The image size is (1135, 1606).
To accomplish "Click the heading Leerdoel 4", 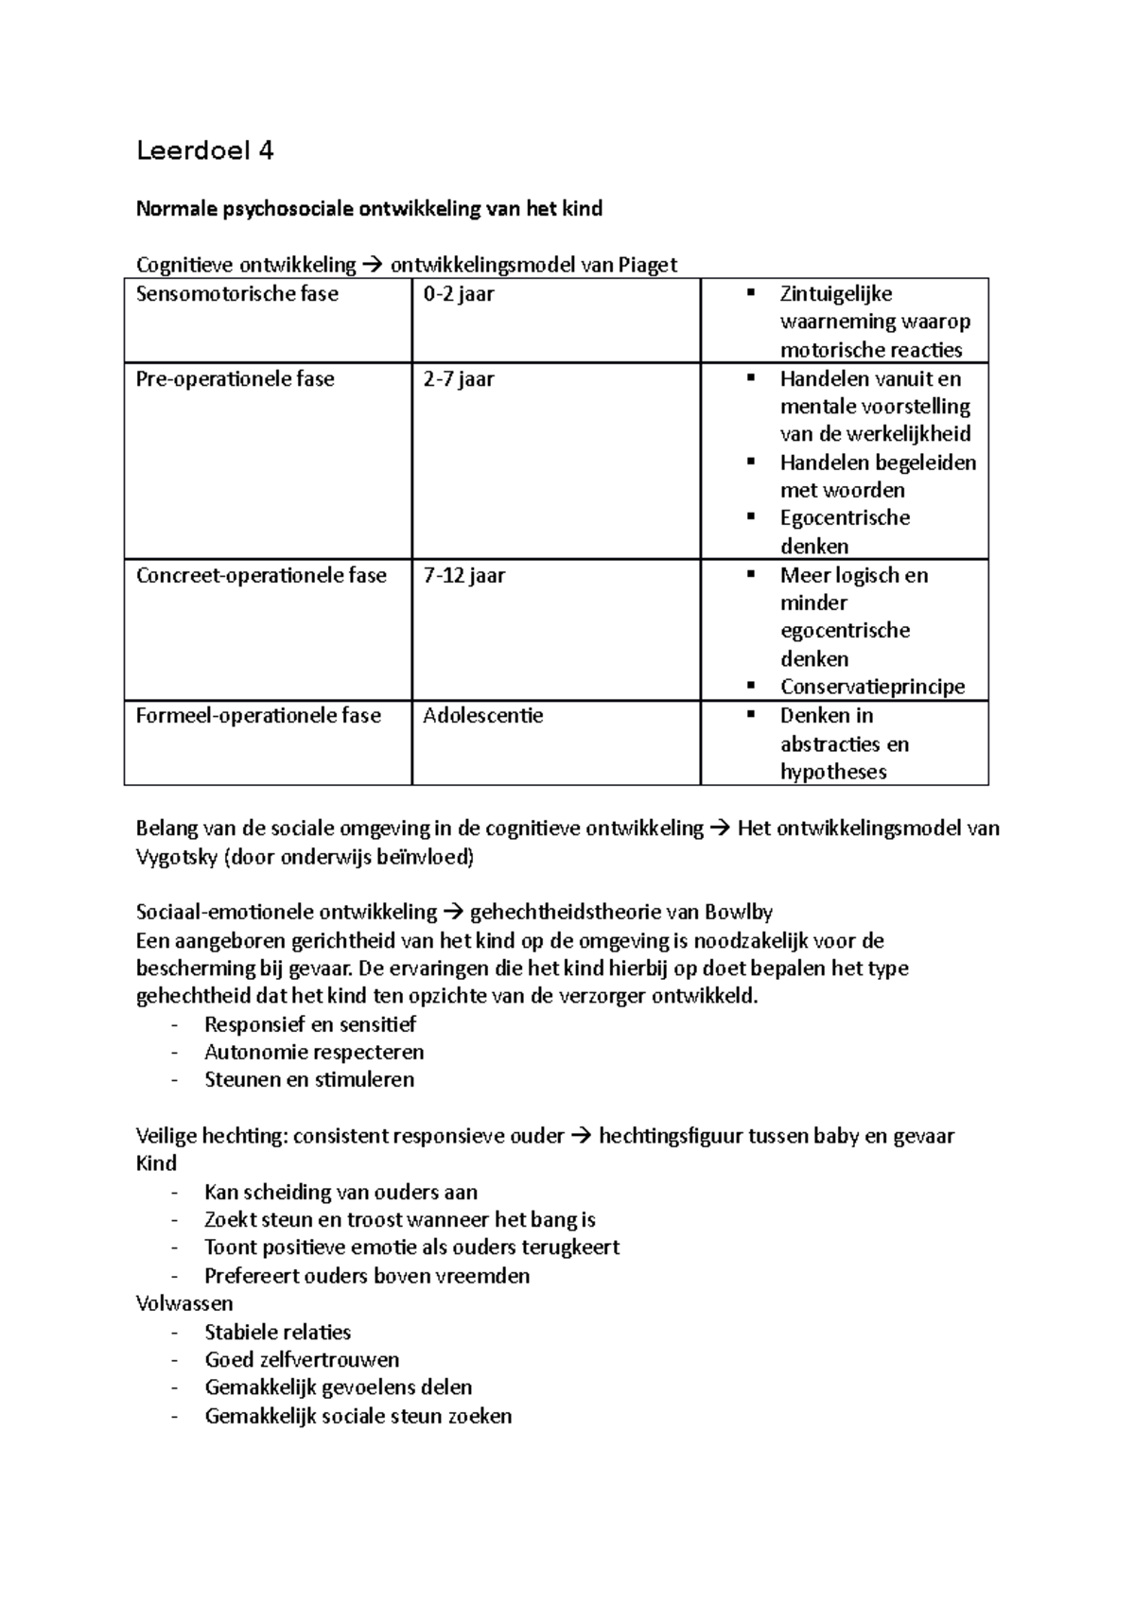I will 204,151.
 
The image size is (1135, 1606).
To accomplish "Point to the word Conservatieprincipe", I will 872,687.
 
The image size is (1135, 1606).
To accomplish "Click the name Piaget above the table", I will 648,265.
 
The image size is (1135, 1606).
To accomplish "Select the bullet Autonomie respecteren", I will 314,1053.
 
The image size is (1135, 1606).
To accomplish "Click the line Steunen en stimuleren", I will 309,1080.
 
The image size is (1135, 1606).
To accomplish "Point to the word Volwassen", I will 184,1303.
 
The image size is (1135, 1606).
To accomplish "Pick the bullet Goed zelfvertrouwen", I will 302,1360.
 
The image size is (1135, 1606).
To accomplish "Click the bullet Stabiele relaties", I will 277,1333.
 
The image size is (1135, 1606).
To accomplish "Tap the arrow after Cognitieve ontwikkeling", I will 373,265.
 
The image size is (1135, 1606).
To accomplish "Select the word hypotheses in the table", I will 833,772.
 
